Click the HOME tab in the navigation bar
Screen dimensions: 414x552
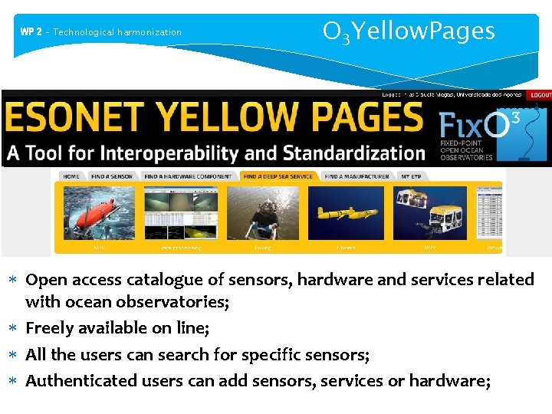click(71, 176)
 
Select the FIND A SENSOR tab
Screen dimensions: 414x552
click(112, 176)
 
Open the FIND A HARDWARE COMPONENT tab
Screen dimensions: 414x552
click(188, 176)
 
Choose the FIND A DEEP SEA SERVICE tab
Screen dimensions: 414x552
click(278, 176)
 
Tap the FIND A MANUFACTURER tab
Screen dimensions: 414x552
click(356, 176)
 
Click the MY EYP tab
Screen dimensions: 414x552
click(412, 176)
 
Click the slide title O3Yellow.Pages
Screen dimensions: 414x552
click(409, 31)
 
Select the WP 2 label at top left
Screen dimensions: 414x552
click(31, 32)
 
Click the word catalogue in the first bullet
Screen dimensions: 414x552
click(146, 280)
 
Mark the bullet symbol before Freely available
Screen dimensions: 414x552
click(17, 329)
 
